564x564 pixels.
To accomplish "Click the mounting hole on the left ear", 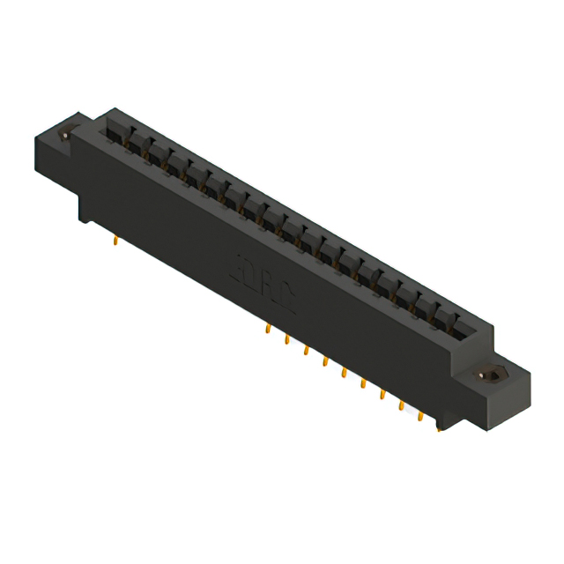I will pos(64,137).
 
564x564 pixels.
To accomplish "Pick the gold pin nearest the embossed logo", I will pos(267,328).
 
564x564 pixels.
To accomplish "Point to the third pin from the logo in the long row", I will pos(306,350).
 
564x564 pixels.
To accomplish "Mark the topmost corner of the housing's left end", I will pos(108,109).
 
